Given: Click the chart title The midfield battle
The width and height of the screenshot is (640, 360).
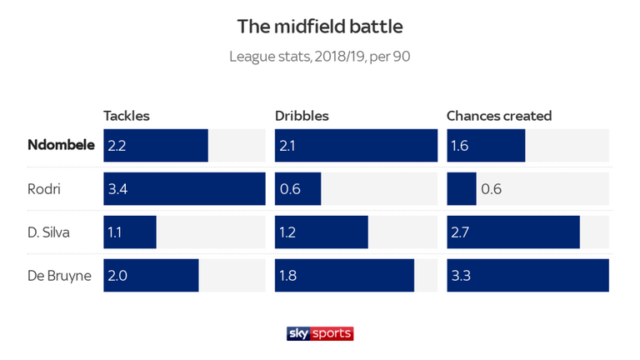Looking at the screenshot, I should click(x=320, y=27).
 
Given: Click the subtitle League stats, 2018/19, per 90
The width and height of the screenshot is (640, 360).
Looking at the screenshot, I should click(x=320, y=58).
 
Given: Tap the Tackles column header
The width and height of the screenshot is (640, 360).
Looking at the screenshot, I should click(x=127, y=116).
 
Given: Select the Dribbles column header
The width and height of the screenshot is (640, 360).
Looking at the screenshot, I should click(x=302, y=116).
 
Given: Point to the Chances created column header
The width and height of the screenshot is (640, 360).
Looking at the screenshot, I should click(x=499, y=116).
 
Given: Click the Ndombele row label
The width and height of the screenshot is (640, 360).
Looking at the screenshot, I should click(x=60, y=146).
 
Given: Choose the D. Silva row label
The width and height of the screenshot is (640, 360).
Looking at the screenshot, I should click(x=49, y=232).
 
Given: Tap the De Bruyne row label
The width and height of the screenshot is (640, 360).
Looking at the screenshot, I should click(x=59, y=276).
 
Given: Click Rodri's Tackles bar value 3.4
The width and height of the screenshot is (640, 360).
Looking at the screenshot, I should click(x=118, y=189).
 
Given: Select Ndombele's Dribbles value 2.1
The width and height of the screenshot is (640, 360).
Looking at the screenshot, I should click(x=289, y=146).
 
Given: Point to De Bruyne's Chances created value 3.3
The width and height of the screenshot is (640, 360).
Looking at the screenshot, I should click(x=462, y=276).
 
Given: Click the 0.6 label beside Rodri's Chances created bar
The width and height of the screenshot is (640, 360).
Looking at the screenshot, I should click(x=492, y=189).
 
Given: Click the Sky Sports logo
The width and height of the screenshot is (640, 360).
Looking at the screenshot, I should click(x=320, y=332).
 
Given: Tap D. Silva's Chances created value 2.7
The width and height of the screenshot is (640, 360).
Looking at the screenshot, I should click(x=462, y=232).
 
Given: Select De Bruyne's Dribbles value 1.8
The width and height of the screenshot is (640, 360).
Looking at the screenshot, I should click(x=289, y=276).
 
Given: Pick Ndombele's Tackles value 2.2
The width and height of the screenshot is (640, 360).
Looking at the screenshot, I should click(x=118, y=146).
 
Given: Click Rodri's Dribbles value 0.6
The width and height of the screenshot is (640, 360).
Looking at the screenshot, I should click(x=290, y=189).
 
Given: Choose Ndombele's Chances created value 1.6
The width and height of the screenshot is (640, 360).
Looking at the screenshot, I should click(x=461, y=146).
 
